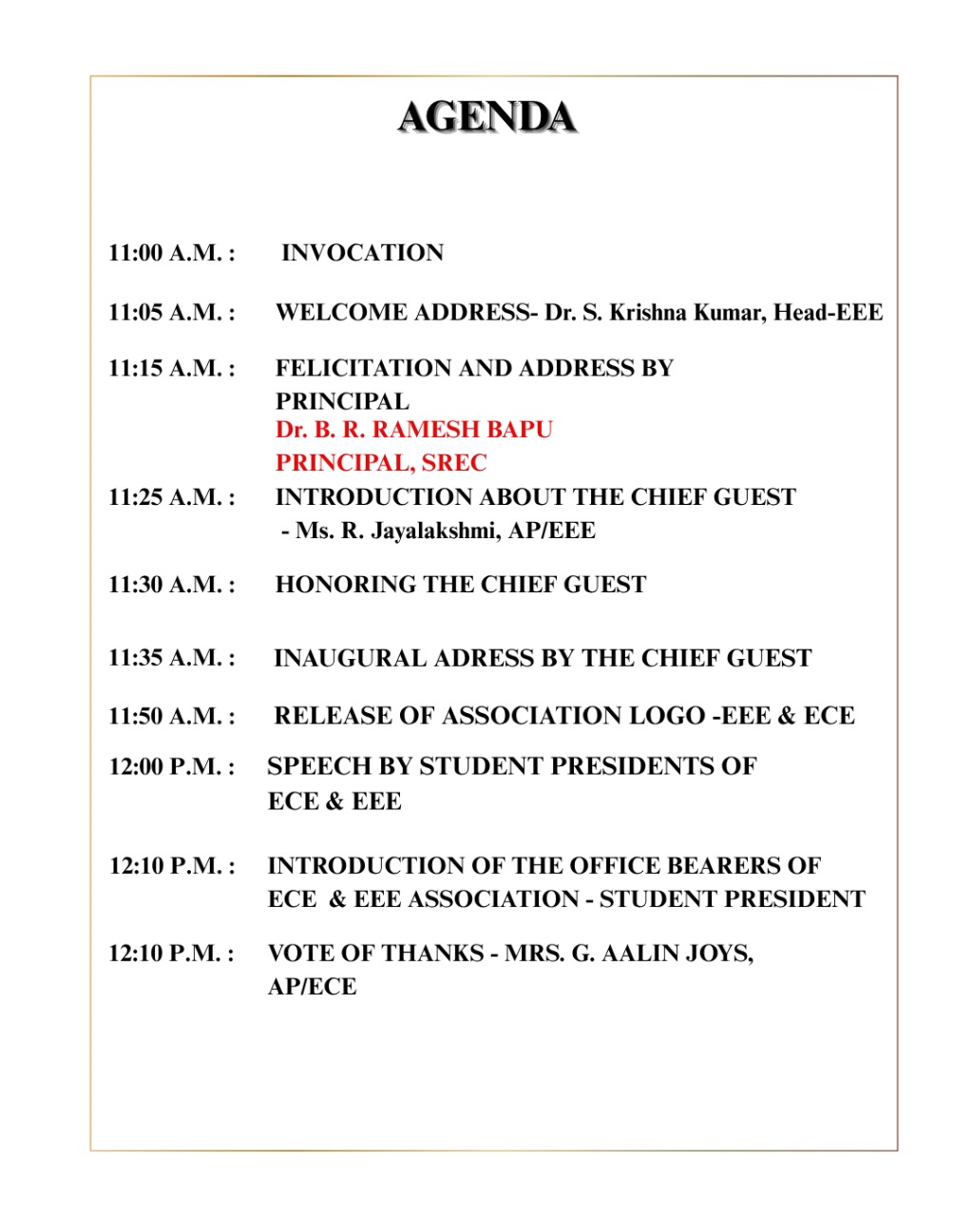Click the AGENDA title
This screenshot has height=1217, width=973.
(x=486, y=118)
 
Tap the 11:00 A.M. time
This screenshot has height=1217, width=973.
(x=171, y=253)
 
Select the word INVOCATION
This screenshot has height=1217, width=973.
(x=363, y=253)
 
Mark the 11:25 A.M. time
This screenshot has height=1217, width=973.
(x=171, y=497)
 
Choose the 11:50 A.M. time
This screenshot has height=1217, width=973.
(x=171, y=716)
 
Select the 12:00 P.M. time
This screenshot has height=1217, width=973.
(x=171, y=766)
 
